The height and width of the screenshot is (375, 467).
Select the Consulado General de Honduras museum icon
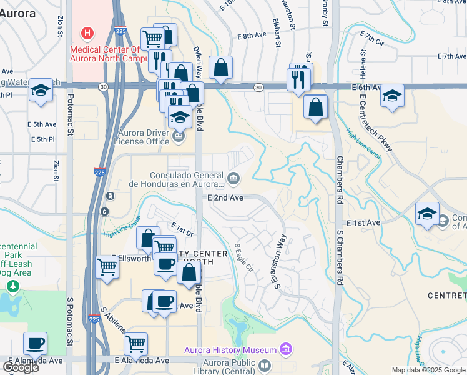pyautogui.click(x=233, y=179)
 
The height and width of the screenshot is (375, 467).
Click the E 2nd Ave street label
pyautogui.click(x=225, y=197)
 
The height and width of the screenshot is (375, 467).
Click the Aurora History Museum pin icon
pyautogui.click(x=287, y=349)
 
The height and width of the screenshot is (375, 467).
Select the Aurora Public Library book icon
pyautogui.click(x=265, y=365)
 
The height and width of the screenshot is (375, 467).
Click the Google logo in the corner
pyautogui.click(x=21, y=367)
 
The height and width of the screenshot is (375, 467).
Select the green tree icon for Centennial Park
pyautogui.click(x=12, y=286)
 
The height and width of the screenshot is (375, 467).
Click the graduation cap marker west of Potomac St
pyautogui.click(x=41, y=90)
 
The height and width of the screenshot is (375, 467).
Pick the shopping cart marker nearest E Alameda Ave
pyautogui.click(x=135, y=344)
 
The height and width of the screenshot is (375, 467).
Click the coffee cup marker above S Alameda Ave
pyautogui.click(x=36, y=343)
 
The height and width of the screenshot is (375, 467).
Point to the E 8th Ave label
pyautogui.click(x=252, y=36)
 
